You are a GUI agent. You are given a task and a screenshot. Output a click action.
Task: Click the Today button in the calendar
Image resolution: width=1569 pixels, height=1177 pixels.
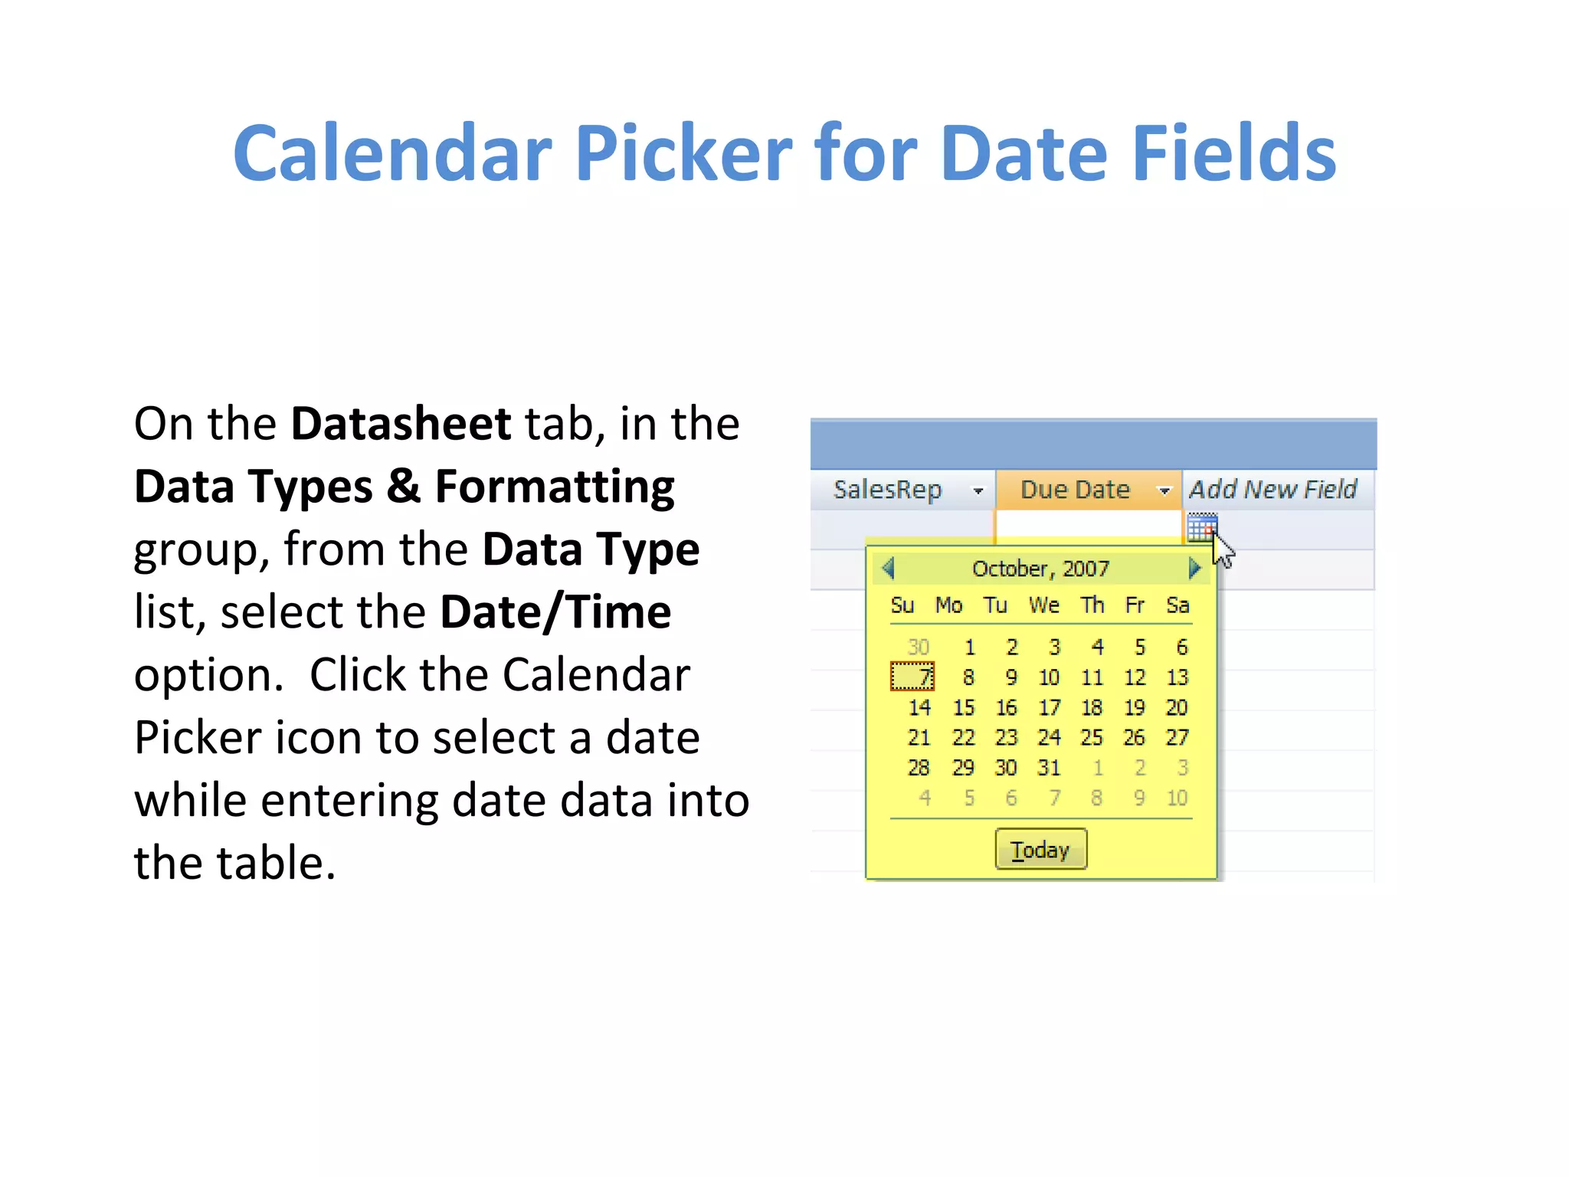coord(1040,849)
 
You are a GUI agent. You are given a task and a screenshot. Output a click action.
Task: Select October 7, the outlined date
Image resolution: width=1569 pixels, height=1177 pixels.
coord(912,677)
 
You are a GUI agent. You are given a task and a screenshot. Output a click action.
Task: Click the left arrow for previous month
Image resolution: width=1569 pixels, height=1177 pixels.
coord(889,569)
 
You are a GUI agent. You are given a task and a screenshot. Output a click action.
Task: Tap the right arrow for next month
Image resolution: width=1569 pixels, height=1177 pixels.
coord(1194,569)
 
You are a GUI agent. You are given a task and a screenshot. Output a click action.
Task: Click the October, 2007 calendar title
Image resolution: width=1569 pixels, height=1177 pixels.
coord(1040,569)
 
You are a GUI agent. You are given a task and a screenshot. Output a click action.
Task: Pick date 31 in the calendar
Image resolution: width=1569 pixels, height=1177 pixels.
coord(1049,767)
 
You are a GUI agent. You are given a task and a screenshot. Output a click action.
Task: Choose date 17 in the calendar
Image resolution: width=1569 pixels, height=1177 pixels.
coord(1049,707)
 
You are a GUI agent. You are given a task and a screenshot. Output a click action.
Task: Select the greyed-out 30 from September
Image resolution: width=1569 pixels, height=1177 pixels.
coord(918,647)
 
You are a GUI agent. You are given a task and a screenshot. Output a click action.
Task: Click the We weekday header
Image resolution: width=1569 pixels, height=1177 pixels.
coord(1043,605)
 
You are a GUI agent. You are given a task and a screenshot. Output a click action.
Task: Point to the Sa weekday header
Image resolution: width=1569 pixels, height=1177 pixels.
coord(1178,605)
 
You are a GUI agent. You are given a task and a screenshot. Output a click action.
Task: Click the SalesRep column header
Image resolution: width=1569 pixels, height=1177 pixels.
coord(887,490)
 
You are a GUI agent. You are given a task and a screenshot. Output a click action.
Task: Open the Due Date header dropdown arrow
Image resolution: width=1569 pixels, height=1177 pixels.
coord(1164,490)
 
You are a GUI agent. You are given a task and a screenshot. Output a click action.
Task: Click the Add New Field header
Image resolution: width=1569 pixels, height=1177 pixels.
coord(1273,490)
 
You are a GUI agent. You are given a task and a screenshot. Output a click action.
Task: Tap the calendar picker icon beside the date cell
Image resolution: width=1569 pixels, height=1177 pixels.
coord(1201,528)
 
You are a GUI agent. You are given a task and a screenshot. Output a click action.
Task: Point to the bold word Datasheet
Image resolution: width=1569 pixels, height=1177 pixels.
coord(401,424)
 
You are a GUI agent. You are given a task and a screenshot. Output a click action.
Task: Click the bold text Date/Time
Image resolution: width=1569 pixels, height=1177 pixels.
coord(555,612)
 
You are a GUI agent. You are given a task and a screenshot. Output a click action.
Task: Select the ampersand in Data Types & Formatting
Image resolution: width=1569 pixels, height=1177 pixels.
coord(404,487)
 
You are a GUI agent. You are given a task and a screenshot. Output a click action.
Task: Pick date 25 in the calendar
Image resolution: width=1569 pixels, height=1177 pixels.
coord(1092,737)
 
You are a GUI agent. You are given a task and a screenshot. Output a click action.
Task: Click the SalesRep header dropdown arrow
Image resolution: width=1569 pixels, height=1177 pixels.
coord(978,490)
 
